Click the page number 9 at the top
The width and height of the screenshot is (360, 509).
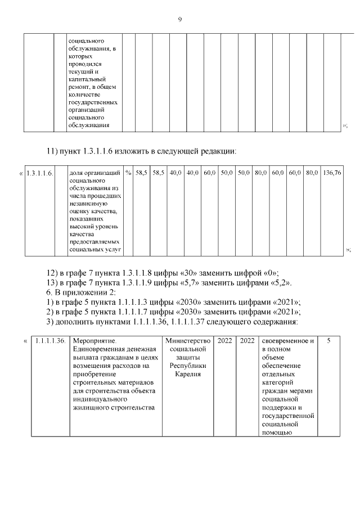tap(180, 20)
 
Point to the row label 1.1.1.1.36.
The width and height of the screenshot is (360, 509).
tap(50, 341)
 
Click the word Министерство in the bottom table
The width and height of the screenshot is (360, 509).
tap(188, 341)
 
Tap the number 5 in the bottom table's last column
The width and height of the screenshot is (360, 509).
tap(329, 341)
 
